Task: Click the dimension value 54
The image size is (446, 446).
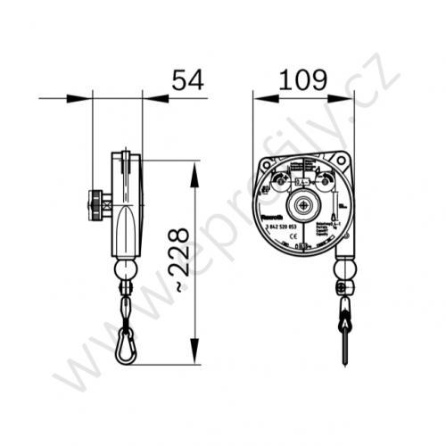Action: point(187,79)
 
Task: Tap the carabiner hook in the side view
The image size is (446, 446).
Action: point(125,345)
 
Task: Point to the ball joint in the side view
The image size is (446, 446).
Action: point(125,269)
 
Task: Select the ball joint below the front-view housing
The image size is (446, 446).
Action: point(343,268)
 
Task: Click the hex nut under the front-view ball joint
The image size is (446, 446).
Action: point(343,287)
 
